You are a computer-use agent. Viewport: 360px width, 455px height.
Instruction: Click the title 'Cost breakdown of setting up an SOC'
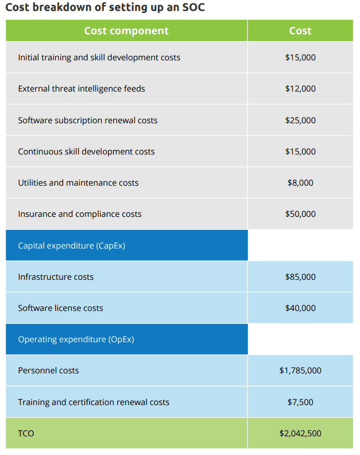tap(104, 8)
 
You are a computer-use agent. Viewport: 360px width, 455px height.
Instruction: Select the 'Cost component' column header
tap(126, 31)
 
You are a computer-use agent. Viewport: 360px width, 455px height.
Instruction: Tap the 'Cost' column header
tap(300, 31)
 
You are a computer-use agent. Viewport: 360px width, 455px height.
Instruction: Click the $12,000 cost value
tap(300, 88)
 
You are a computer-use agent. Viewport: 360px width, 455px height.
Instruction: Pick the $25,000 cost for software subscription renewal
tap(300, 120)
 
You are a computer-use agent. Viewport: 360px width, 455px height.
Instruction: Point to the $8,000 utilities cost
tap(300, 183)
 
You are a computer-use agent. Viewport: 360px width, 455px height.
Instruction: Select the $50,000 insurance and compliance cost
tap(300, 214)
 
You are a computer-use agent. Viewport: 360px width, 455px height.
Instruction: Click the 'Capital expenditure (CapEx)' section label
tap(72, 245)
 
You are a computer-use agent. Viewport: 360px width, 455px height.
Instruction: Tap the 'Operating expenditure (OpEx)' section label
tap(76, 339)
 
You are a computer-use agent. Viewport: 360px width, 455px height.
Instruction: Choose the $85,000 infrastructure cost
tap(300, 277)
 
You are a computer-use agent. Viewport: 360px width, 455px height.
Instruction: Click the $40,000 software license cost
tap(300, 308)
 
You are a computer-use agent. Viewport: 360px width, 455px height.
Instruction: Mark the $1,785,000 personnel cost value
tap(300, 370)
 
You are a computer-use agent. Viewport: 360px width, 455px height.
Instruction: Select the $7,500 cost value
tap(300, 402)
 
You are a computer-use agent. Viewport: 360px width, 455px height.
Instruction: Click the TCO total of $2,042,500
tap(300, 433)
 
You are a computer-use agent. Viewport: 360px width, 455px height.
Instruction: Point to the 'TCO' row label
tap(26, 433)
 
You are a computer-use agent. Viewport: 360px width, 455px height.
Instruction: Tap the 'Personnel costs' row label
tap(48, 370)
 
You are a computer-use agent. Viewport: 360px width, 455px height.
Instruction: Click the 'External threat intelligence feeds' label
tap(82, 88)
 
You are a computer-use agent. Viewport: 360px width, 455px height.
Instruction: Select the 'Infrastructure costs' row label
tap(56, 277)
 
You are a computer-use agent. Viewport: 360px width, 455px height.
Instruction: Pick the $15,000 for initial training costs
tap(300, 57)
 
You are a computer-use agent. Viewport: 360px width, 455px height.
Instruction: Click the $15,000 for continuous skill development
tap(300, 151)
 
